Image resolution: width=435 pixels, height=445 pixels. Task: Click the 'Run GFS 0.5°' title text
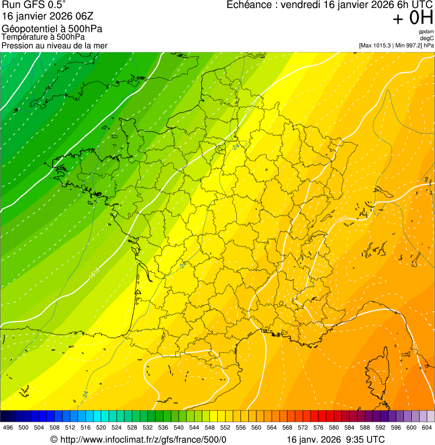(33, 5)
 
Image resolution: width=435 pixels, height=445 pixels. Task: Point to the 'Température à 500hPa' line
(43, 37)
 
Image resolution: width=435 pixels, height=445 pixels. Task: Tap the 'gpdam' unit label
(427, 32)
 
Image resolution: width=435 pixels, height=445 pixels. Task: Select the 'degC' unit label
(427, 38)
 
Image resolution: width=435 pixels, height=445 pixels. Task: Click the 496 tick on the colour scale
(8, 427)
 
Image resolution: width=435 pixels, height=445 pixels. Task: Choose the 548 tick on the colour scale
(209, 427)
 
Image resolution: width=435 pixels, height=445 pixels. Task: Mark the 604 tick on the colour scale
(427, 427)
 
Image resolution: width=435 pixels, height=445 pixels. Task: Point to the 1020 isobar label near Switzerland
(342, 219)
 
